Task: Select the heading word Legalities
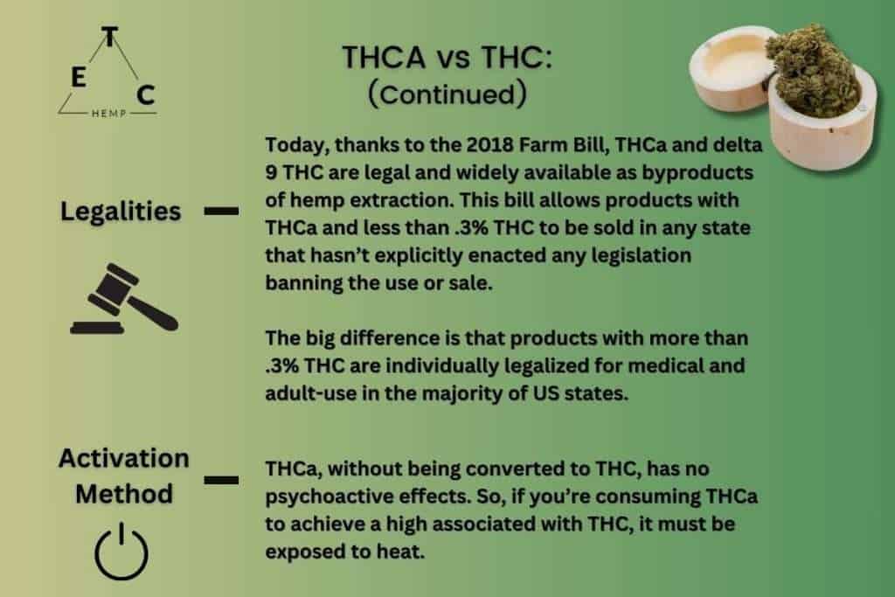coord(121,212)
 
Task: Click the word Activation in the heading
coord(123,458)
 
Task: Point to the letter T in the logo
coord(108,38)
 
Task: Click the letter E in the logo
coord(78,78)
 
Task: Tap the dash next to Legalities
coord(222,211)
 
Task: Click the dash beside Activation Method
coord(222,479)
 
